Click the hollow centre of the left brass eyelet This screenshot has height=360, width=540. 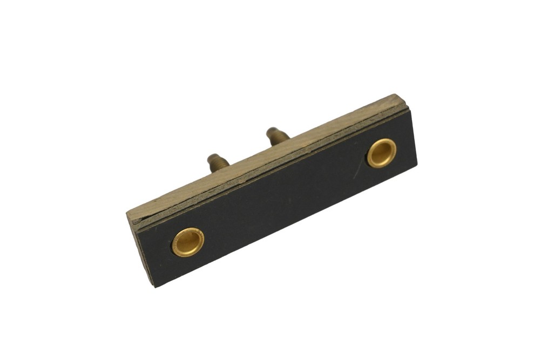[x=187, y=241]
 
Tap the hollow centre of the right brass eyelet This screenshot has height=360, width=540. [x=382, y=152]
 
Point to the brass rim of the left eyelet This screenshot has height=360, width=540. [x=176, y=247]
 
